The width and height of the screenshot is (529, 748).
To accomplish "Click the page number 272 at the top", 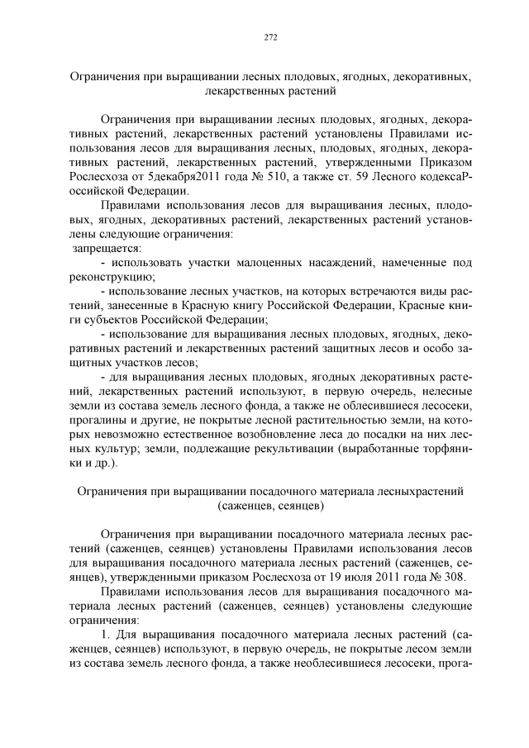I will [x=269, y=37].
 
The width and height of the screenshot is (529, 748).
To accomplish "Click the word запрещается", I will [x=107, y=248].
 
